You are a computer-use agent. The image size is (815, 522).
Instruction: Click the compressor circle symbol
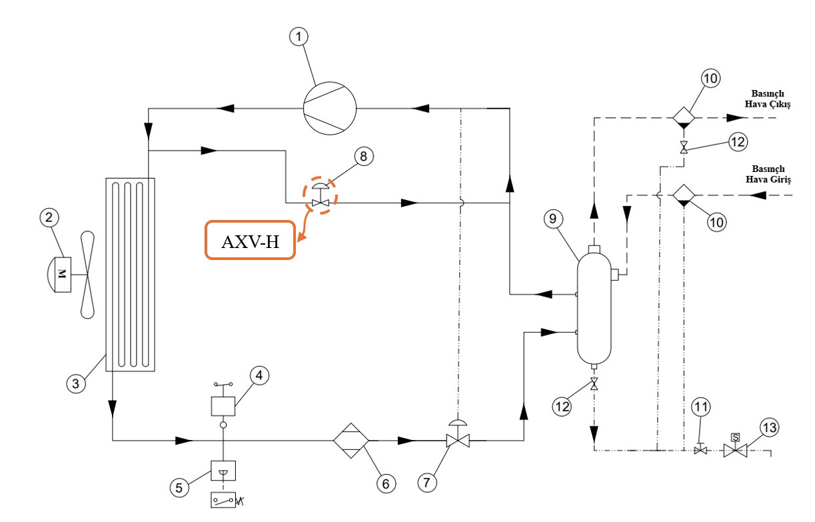click(x=330, y=107)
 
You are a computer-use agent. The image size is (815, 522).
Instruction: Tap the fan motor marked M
click(x=64, y=274)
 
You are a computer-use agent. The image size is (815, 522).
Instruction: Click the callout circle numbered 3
click(x=76, y=383)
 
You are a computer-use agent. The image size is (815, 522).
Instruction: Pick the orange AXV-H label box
click(x=249, y=240)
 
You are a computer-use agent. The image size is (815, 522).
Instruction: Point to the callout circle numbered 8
click(x=363, y=157)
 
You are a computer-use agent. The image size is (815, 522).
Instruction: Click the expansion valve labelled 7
click(x=458, y=440)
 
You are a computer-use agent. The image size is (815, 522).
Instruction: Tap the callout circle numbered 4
click(x=260, y=376)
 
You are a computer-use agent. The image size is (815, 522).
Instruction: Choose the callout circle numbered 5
click(x=179, y=487)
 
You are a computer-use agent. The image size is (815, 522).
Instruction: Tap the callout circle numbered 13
click(x=768, y=427)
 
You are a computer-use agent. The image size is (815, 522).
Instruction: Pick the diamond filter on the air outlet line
click(x=683, y=117)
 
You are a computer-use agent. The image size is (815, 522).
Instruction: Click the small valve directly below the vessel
click(x=594, y=385)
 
